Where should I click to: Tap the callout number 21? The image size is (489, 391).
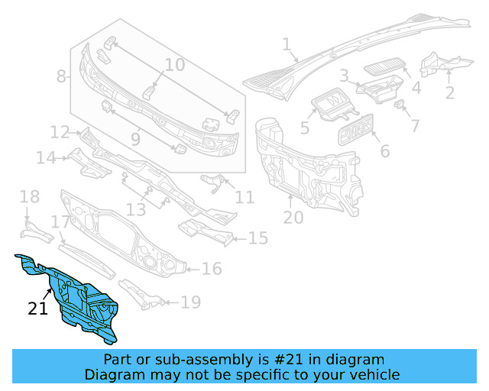tap(38, 309)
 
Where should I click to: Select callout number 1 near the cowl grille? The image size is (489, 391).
tap(287, 46)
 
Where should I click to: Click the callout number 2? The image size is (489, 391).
tap(450, 93)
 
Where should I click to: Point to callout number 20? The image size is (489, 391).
tap(293, 218)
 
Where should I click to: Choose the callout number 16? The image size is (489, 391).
tap(212, 269)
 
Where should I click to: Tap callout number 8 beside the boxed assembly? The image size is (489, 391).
tap(61, 76)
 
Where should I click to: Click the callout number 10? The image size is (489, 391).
tap(174, 65)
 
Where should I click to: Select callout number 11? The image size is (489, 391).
tap(244, 198)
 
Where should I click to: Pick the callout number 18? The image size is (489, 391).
tap(29, 198)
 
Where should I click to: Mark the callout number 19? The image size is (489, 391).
tap(190, 302)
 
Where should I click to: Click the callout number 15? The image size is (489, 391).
tap(258, 239)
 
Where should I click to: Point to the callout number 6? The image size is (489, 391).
tap(384, 151)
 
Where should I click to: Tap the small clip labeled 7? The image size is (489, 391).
tap(399, 104)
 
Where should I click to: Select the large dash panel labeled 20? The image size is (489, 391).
tap(306, 164)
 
